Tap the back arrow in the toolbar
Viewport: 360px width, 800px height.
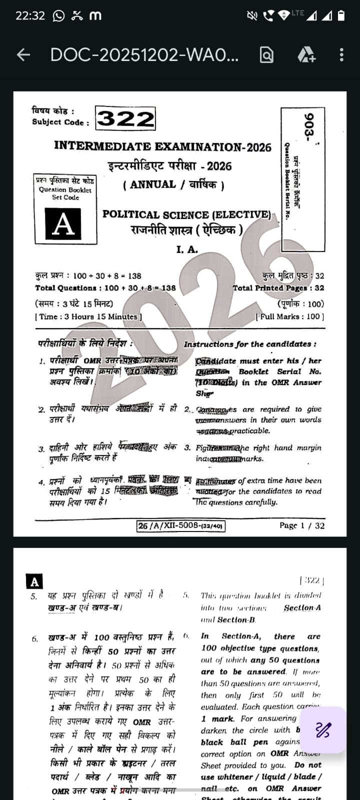tap(23, 54)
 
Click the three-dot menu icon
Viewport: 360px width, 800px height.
tap(341, 54)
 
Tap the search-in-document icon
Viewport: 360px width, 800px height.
tap(267, 54)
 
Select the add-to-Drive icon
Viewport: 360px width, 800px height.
tap(306, 54)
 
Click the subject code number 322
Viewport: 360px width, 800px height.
tap(125, 119)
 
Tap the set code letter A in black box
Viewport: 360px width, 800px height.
tap(63, 224)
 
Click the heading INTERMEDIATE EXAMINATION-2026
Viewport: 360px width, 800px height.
tap(162, 146)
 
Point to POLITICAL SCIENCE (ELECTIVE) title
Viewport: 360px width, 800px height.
tap(186, 214)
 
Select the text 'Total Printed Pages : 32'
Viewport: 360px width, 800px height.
tap(278, 288)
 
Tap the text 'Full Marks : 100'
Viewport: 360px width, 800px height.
tap(289, 316)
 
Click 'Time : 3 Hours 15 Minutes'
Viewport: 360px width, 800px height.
tap(88, 316)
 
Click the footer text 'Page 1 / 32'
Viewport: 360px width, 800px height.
tap(301, 525)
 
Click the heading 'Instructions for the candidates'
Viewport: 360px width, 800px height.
tap(249, 344)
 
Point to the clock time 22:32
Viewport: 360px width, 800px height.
tap(30, 15)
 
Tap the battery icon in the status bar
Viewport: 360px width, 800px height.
tap(341, 15)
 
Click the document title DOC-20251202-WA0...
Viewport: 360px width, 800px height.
tap(144, 55)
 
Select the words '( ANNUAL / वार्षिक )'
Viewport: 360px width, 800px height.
tap(173, 184)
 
